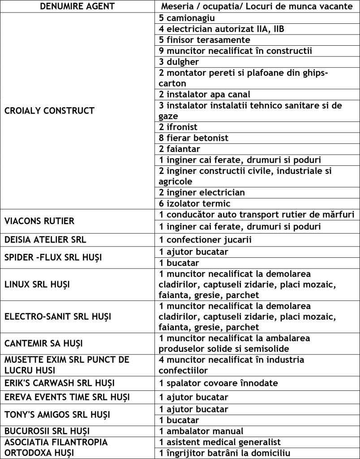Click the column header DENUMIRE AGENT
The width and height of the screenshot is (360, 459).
[x=77, y=7]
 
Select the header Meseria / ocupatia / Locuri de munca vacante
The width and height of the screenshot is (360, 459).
[x=257, y=7]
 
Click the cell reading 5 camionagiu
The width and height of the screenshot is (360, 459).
[x=187, y=18]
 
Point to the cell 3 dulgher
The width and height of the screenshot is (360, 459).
[x=179, y=61]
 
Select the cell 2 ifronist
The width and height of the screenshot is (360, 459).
[x=178, y=127]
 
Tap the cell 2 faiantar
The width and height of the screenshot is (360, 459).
[x=179, y=148]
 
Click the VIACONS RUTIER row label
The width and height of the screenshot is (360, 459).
[x=39, y=221]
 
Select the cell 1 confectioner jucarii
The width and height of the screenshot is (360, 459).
[x=205, y=240]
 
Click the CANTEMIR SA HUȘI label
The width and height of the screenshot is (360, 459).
[x=43, y=344]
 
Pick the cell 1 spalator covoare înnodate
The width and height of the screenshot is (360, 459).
[x=218, y=383]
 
